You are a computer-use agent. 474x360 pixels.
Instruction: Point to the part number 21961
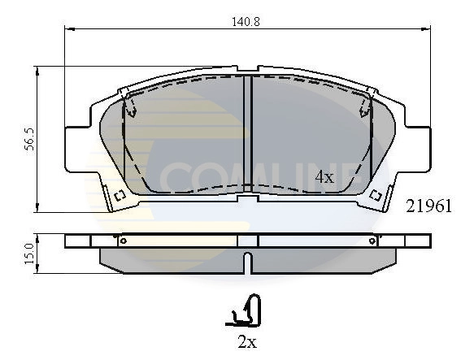(x=428, y=206)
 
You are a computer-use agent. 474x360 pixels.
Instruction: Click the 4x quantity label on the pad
(x=324, y=176)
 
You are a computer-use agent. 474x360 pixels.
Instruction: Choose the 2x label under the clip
(x=247, y=342)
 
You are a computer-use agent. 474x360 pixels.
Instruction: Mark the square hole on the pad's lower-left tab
(x=118, y=194)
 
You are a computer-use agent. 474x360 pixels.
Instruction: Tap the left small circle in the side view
(x=123, y=240)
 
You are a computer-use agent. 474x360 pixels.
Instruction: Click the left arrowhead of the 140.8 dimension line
(x=68, y=30)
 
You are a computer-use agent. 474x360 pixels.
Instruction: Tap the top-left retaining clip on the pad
(x=128, y=103)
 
